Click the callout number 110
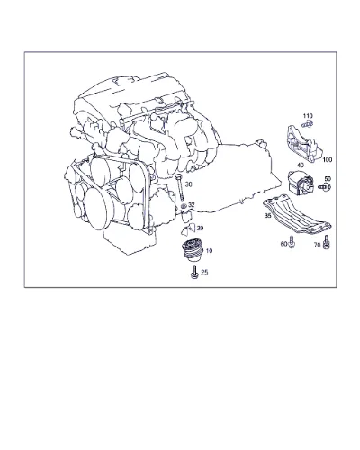coord(308,116)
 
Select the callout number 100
coord(328,160)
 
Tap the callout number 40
coord(300,166)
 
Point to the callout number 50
coord(328,179)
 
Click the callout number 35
coord(268,215)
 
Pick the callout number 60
coord(283,244)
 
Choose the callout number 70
coord(317,245)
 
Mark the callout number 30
coord(188,184)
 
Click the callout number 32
coord(192,205)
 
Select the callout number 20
coord(200,229)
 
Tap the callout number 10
coord(209,250)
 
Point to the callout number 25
coord(204,273)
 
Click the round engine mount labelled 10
coord(193,249)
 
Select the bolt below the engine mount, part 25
coord(194,272)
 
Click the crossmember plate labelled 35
coord(297,217)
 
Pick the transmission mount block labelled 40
coord(301,182)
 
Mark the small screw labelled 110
coord(308,123)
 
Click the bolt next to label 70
coord(327,242)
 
